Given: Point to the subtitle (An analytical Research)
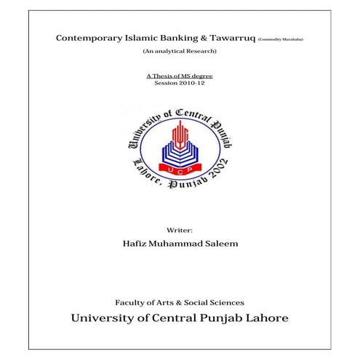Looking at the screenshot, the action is tap(179, 53).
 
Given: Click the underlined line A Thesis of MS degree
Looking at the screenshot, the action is tap(180, 76).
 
